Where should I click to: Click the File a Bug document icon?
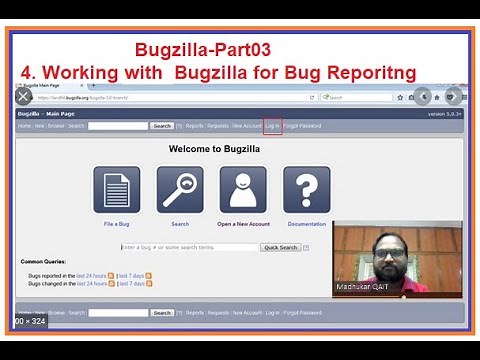click(117, 190)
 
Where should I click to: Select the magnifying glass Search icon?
click(180, 190)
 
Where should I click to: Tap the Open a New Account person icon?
click(243, 190)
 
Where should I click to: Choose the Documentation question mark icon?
click(306, 190)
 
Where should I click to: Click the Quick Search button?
click(280, 247)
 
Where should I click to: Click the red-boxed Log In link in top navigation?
click(272, 126)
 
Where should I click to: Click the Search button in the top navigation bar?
click(162, 126)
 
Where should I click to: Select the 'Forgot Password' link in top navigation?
click(303, 126)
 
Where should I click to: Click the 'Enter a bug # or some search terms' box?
click(188, 247)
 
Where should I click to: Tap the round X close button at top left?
click(23, 97)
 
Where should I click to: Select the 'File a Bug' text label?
click(117, 224)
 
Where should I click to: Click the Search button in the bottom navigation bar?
click(162, 313)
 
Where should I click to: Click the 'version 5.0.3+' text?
click(445, 114)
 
